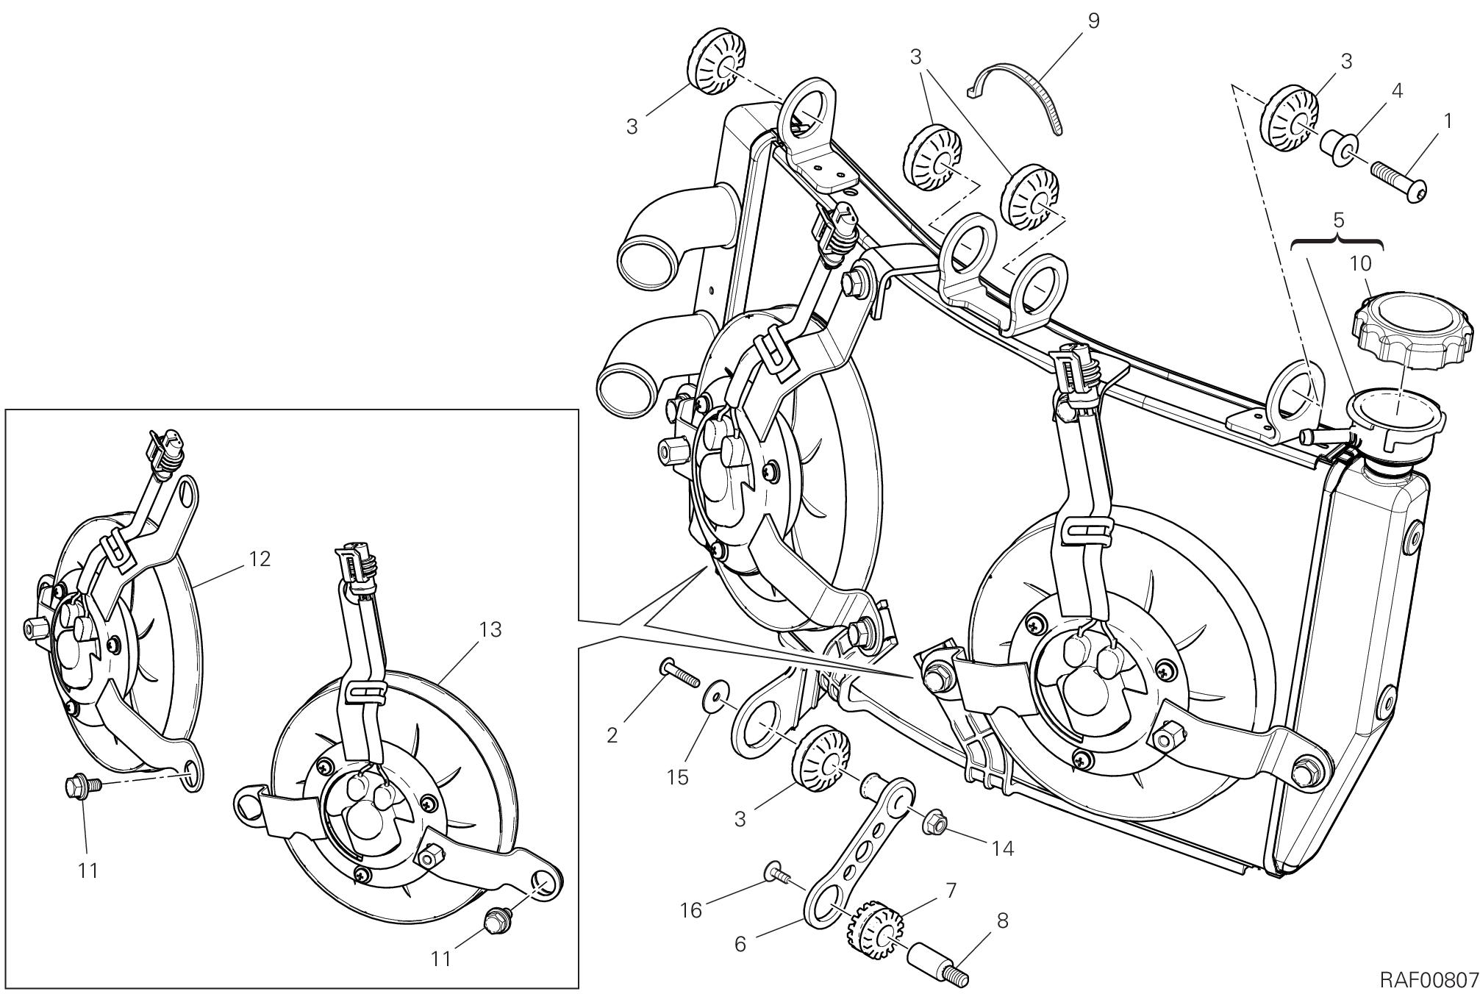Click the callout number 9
pyautogui.click(x=1093, y=21)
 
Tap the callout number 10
pyautogui.click(x=1360, y=264)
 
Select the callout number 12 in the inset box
pyautogui.click(x=259, y=559)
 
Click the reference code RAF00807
pyautogui.click(x=1428, y=979)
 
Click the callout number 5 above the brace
pyautogui.click(x=1338, y=219)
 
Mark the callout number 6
pyautogui.click(x=740, y=943)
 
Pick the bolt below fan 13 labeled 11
pyautogui.click(x=494, y=920)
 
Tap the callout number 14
pyautogui.click(x=1002, y=848)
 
